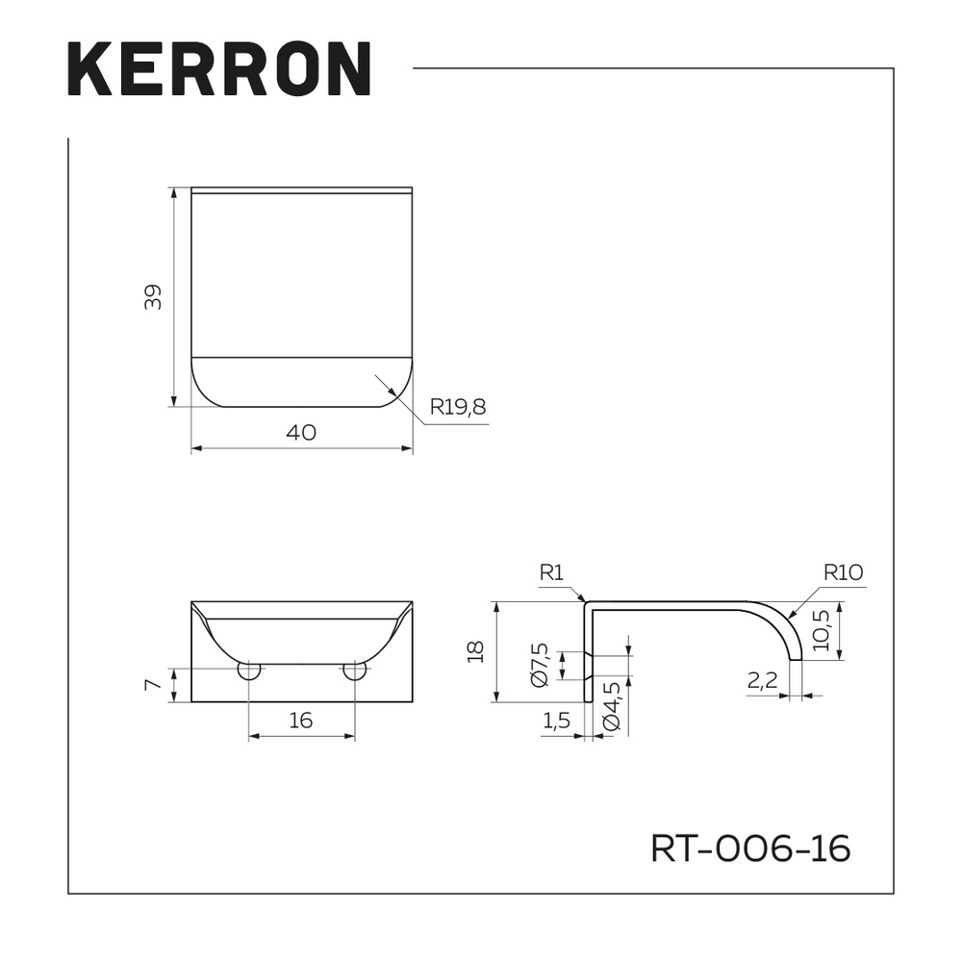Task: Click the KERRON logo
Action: pyautogui.click(x=219, y=69)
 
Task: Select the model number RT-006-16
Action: pyautogui.click(x=750, y=848)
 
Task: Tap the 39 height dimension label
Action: pyautogui.click(x=153, y=297)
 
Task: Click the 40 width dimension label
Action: pyautogui.click(x=301, y=433)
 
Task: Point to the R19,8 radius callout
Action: pyautogui.click(x=458, y=407)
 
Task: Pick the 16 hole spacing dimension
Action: pyautogui.click(x=301, y=720)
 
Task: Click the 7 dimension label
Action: pyautogui.click(x=151, y=685)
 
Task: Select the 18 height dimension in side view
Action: pyautogui.click(x=474, y=652)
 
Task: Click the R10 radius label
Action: pyautogui.click(x=843, y=572)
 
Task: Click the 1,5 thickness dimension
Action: pyautogui.click(x=558, y=720)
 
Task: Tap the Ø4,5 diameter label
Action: pyautogui.click(x=612, y=708)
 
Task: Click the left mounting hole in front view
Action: pyautogui.click(x=248, y=671)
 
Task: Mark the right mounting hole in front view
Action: pyautogui.click(x=354, y=671)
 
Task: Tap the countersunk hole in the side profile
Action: pyautogui.click(x=590, y=665)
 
